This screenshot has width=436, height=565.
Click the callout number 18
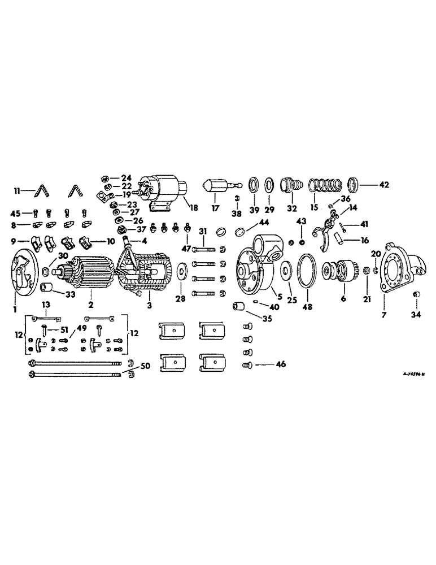click(x=194, y=208)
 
